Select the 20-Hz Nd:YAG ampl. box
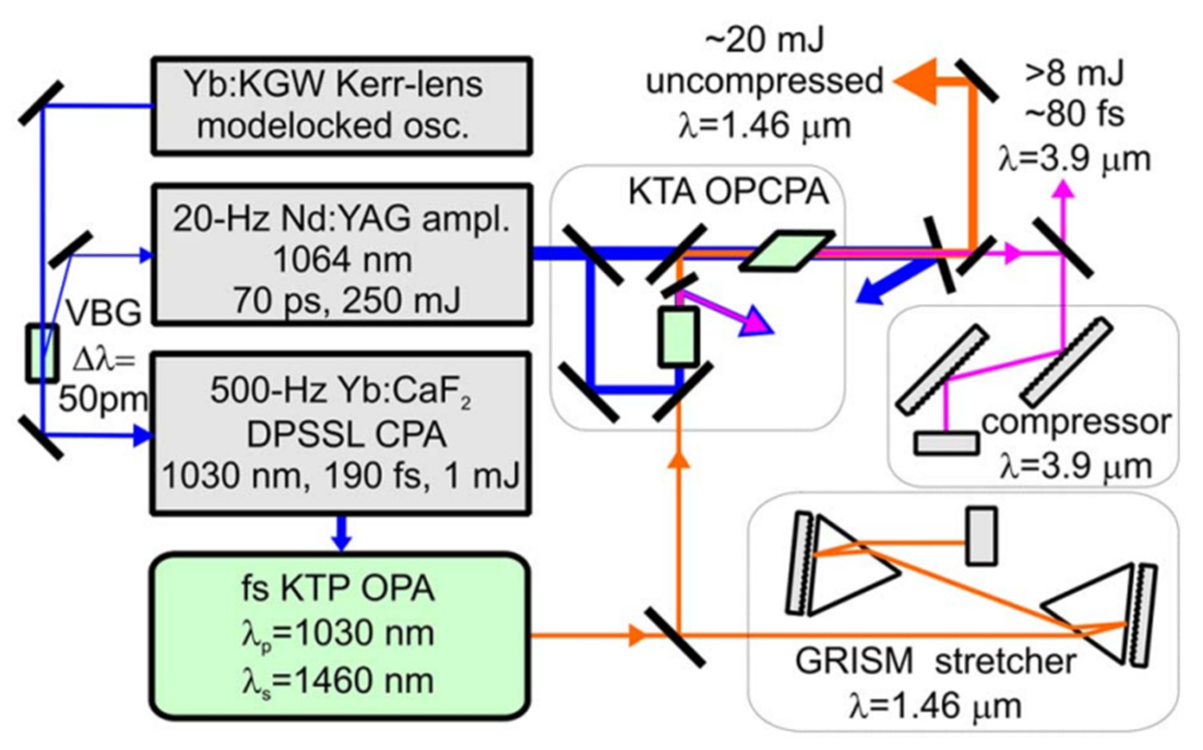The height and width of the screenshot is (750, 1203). (x=341, y=255)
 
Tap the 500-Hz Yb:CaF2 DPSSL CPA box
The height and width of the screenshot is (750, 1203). (x=341, y=434)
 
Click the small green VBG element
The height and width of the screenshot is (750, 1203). (x=42, y=353)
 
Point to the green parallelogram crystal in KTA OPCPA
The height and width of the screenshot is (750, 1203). (x=788, y=251)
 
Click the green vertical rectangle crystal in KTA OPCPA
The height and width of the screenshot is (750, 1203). (x=678, y=336)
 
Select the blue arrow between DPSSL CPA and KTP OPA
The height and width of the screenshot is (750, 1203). (x=341, y=533)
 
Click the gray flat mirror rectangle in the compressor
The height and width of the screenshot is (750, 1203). (x=946, y=443)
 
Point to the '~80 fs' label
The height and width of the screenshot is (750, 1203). (x=1074, y=115)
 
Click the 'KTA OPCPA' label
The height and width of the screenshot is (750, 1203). (x=728, y=192)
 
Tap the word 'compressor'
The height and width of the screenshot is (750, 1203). (x=1076, y=422)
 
